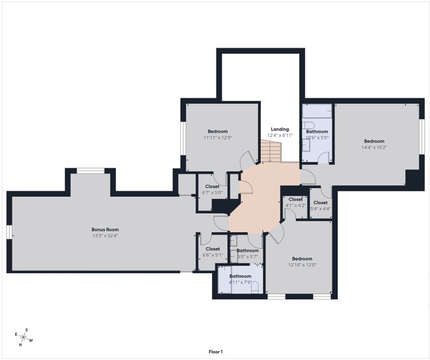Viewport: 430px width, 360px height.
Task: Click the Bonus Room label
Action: coord(105,230)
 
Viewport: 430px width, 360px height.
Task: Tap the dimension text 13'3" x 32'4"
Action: coord(105,236)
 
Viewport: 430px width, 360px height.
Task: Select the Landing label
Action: coord(280,129)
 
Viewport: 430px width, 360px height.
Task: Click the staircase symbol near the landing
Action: coord(271,151)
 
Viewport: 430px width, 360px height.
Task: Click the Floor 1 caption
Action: coord(215,351)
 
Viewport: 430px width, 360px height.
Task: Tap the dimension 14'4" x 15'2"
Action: coord(374,147)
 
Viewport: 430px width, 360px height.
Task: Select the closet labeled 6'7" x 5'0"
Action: coord(212,189)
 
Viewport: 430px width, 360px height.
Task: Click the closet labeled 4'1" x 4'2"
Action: coord(296,202)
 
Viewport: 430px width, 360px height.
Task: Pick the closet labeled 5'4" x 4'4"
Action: coord(321,205)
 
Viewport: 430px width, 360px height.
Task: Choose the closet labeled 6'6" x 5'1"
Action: coord(212,252)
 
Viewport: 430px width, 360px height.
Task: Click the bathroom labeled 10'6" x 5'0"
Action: coord(317,135)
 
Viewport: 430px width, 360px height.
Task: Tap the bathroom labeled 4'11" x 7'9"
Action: coord(240,279)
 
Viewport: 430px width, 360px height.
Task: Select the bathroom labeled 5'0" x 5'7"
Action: coord(247,254)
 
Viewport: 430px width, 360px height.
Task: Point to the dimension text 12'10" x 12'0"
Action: coord(302,265)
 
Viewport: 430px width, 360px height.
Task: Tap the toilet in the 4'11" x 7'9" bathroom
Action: coord(255,287)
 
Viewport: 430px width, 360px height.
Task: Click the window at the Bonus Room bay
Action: coord(90,171)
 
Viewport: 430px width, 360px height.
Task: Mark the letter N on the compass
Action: coord(21,345)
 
